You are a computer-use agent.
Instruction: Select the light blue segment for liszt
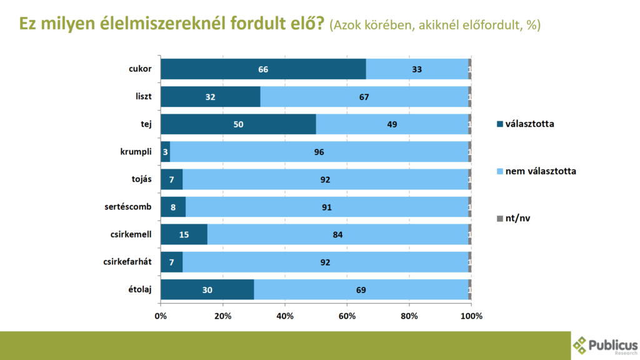click(364, 97)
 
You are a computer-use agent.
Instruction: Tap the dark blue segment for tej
click(238, 124)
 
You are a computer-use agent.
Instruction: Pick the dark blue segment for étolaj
click(207, 290)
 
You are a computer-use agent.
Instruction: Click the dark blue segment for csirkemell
click(184, 235)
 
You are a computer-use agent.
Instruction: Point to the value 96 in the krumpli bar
click(319, 152)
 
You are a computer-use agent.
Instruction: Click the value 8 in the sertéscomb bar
click(172, 207)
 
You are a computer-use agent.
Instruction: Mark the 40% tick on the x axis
click(285, 316)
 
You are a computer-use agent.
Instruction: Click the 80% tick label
click(409, 316)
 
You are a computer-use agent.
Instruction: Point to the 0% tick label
click(161, 316)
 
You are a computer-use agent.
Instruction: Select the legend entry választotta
click(529, 124)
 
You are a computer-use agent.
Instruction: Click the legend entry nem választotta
click(540, 171)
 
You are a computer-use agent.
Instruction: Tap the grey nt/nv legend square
click(499, 218)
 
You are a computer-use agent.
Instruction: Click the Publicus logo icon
click(581, 344)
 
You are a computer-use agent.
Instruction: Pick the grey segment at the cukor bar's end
click(469, 69)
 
